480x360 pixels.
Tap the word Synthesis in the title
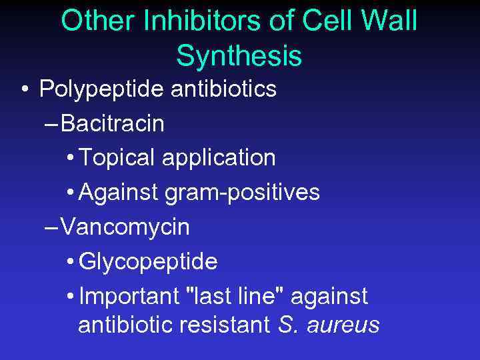(239, 56)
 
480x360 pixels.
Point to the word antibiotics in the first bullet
(223, 89)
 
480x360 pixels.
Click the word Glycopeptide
(148, 262)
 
